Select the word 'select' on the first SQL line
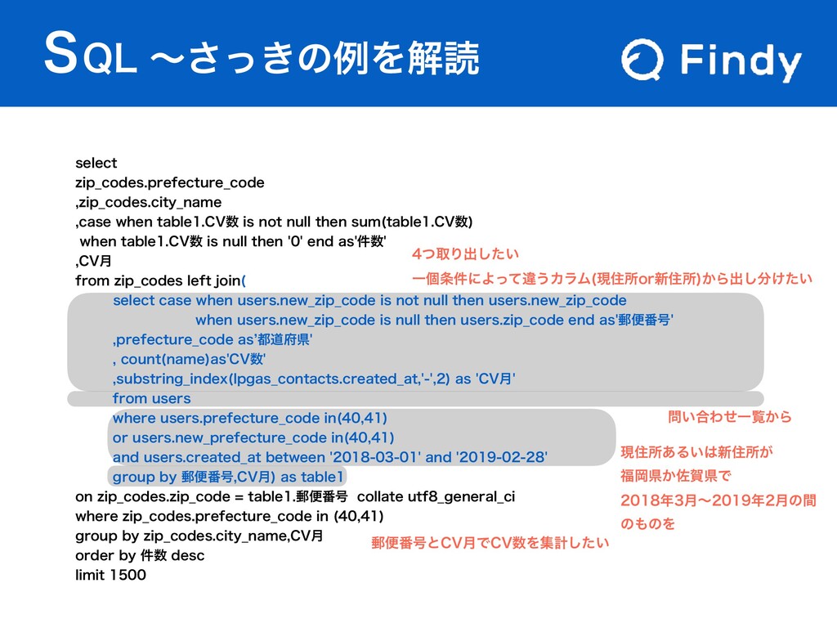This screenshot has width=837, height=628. click(96, 163)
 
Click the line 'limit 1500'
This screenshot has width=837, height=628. click(110, 576)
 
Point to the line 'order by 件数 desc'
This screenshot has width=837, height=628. click(139, 556)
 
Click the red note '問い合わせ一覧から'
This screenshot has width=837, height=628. click(730, 418)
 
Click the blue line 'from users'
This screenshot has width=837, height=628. click(151, 398)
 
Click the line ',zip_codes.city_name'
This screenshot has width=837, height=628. click(148, 201)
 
